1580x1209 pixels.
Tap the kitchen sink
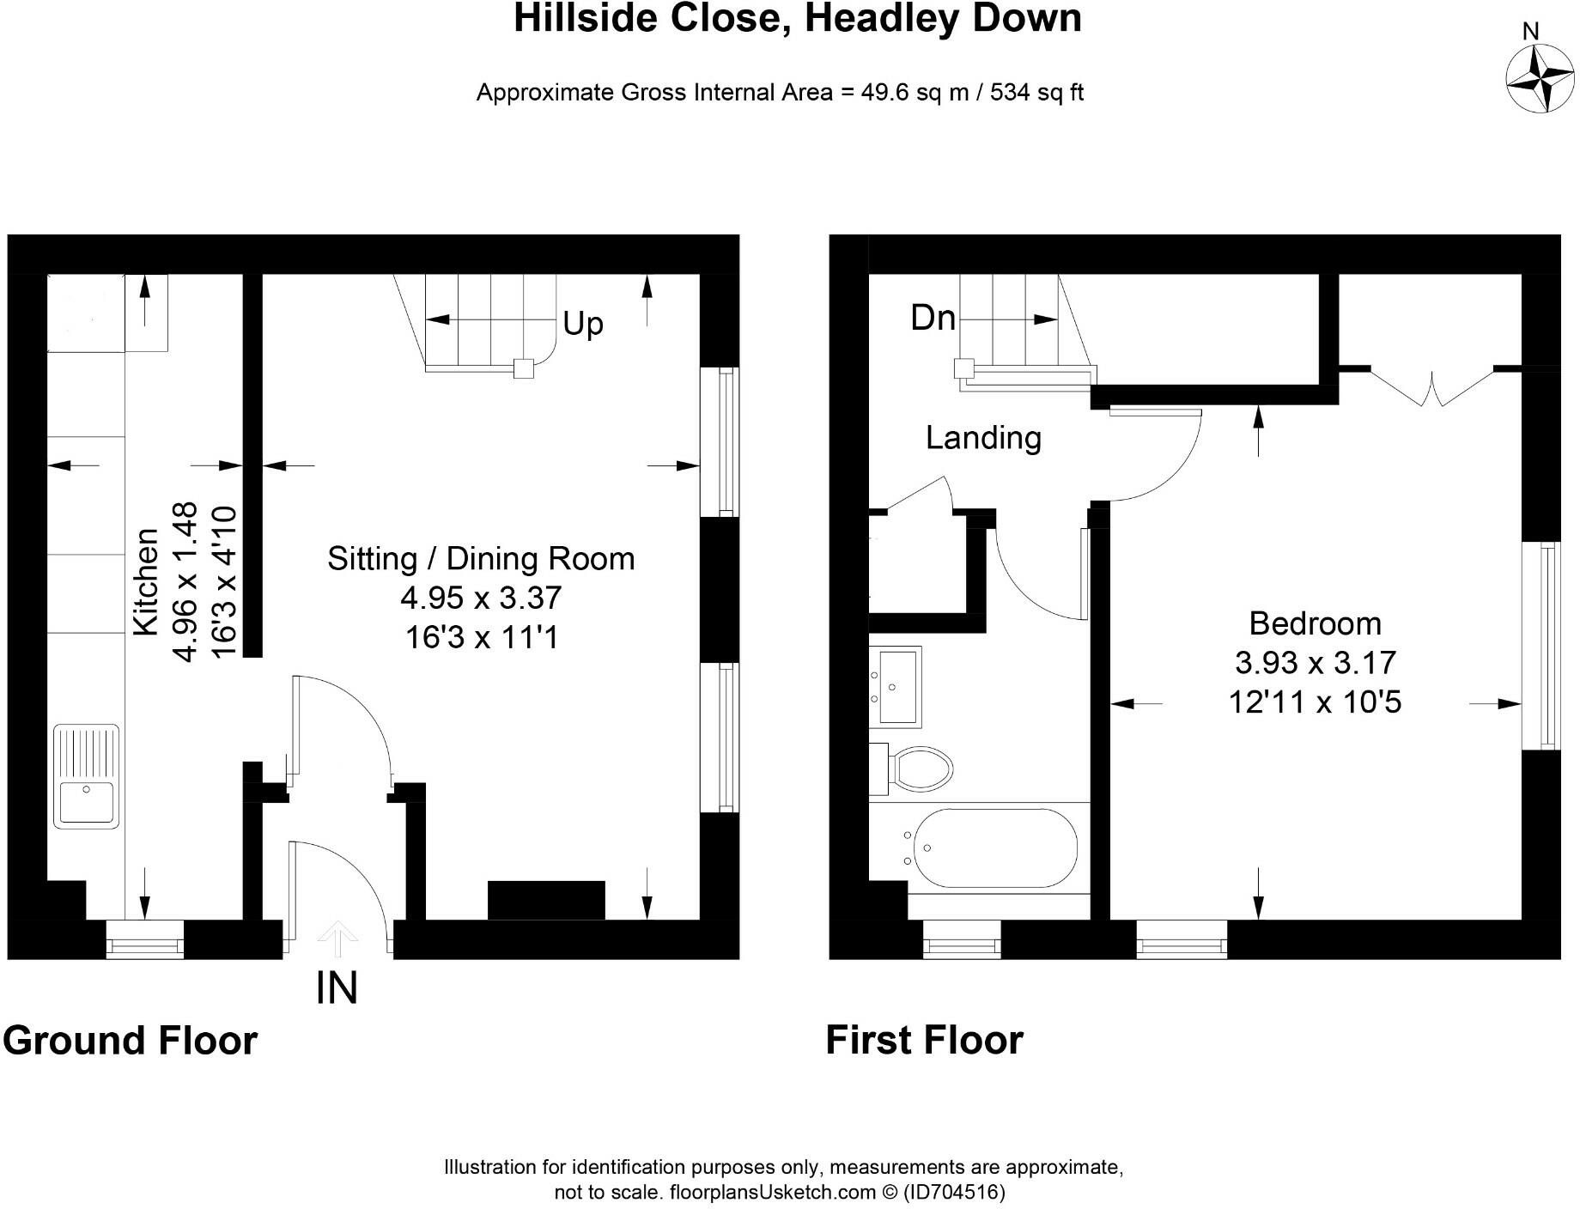pos(86,776)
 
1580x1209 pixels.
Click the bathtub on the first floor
pos(994,848)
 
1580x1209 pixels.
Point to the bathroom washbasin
pos(896,686)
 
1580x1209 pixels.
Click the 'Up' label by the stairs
pos(583,324)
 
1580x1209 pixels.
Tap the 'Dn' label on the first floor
pos(933,318)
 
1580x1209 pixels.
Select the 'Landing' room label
pos(983,438)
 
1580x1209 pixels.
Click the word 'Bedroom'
pos(1315,623)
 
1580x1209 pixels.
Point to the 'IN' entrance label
pos(337,987)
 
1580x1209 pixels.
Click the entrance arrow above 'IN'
pos(337,939)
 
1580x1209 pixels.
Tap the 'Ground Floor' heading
pos(131,1040)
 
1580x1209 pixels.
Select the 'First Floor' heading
pos(924,1040)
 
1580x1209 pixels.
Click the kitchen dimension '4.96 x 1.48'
pos(185,582)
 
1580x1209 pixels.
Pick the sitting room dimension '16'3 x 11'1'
pos(482,637)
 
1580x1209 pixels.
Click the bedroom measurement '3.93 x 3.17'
pos(1315,662)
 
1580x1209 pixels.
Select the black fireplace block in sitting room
pos(546,900)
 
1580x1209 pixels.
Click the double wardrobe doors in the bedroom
pos(1431,386)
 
